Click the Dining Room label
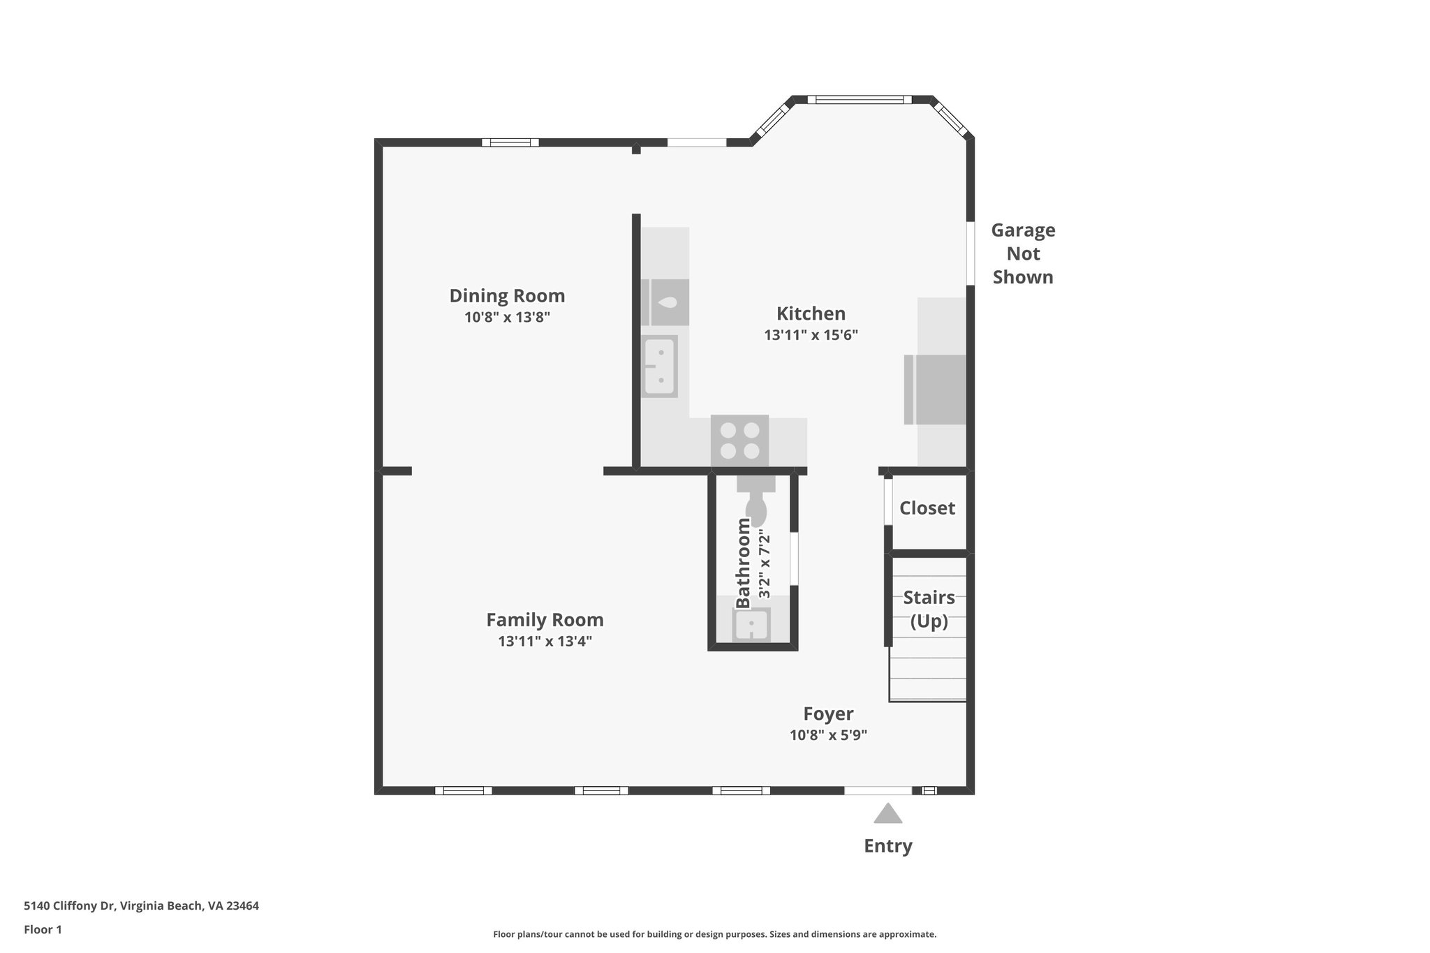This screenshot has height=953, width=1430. pos(507,296)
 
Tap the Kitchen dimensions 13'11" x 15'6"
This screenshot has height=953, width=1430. pos(811,335)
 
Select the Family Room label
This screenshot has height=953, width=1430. pos(545,620)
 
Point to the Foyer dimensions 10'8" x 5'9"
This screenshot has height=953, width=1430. pos(828,735)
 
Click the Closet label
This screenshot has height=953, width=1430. pos(927,508)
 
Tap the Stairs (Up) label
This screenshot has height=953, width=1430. pos(929,609)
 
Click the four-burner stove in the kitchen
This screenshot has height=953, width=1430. pos(739,441)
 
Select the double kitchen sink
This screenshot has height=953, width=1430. pos(660,366)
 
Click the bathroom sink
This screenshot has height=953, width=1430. pos(751,623)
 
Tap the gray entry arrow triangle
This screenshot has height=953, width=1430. pos(887,814)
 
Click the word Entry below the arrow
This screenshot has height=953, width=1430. pos(887,846)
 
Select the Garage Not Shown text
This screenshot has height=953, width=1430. pos(1023,253)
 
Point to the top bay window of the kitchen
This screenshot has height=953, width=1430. pos(860,100)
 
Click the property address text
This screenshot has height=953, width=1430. pos(141,906)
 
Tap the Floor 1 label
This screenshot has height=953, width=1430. pos(43,930)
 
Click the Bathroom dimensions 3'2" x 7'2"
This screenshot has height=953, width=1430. pos(765,564)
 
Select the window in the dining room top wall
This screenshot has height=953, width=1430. pos(510,142)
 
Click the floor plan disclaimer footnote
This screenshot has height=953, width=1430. pos(714,934)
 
